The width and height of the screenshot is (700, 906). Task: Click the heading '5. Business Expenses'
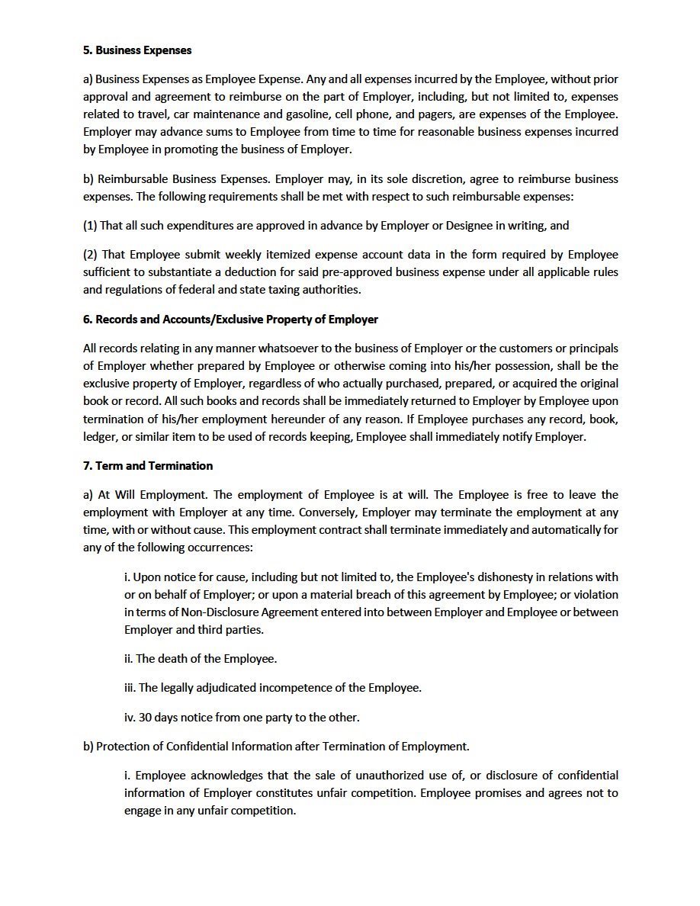tap(137, 50)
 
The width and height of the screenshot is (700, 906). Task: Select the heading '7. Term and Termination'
tap(148, 465)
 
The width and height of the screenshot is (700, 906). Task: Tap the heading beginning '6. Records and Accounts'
tap(230, 319)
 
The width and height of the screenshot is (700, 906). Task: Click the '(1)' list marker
tap(90, 225)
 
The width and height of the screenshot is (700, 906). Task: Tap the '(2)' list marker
tap(90, 254)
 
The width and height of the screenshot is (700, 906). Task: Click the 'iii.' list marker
tap(130, 687)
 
